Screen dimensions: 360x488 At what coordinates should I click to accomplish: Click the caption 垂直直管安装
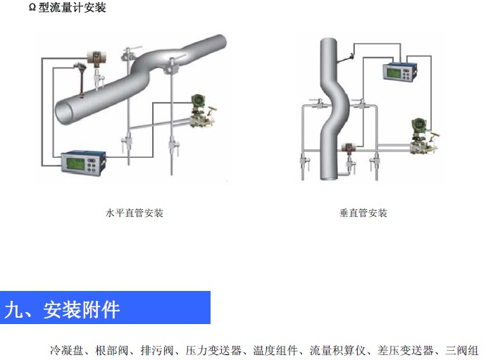(x=363, y=213)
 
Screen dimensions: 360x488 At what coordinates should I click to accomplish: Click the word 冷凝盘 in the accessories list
(x=65, y=349)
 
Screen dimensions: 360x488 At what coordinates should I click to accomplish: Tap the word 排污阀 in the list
(x=156, y=349)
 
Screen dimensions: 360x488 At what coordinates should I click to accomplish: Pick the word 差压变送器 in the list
(x=402, y=349)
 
